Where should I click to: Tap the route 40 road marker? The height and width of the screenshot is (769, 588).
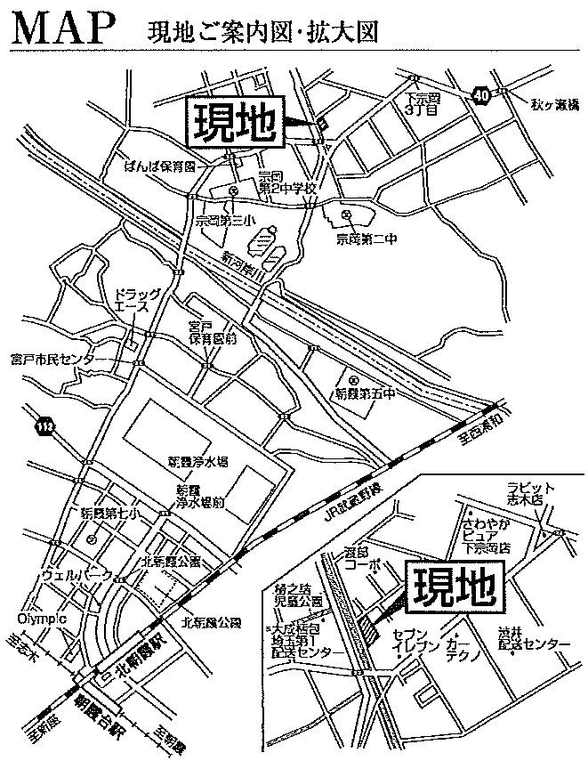click(481, 95)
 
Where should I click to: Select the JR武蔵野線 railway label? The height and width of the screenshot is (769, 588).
click(350, 503)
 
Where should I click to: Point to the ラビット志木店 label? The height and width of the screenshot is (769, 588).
click(531, 492)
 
